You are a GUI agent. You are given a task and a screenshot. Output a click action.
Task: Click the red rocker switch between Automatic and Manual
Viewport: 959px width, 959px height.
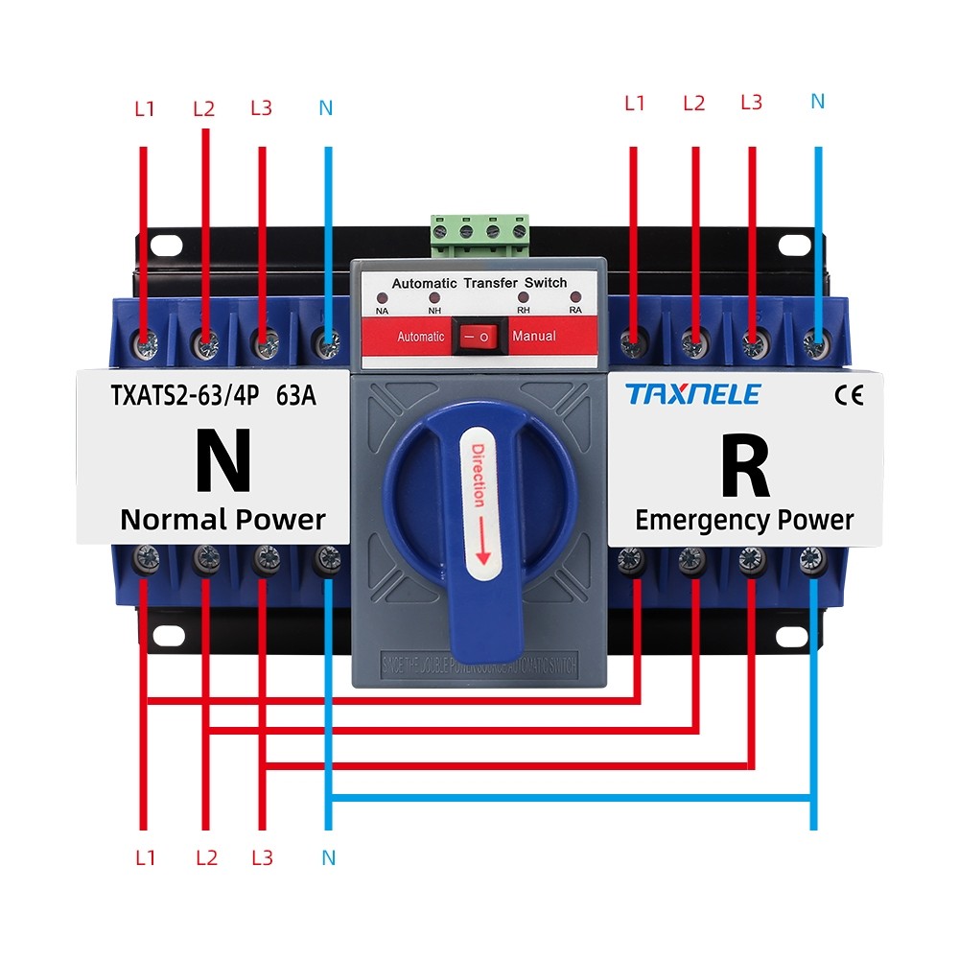coord(477,337)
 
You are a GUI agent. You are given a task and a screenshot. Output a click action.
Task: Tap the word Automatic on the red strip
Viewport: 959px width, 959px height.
coord(421,337)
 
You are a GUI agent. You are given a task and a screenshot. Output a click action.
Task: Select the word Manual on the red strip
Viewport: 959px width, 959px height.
coord(533,337)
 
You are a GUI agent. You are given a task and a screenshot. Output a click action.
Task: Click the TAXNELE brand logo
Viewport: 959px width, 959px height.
coord(692,394)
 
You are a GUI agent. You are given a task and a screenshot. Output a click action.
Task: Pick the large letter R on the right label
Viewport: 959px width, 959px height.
coord(744,467)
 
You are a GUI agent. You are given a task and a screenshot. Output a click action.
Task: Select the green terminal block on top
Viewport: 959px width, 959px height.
coord(479,234)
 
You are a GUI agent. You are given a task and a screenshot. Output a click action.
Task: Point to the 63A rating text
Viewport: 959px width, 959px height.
coord(295,395)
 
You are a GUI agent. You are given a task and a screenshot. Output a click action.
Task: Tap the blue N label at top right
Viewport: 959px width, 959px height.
coord(817,101)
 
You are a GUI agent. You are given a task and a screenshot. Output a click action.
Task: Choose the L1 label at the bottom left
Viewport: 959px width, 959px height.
coord(145,857)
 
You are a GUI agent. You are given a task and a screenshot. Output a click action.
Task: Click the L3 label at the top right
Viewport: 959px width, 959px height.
coord(751,102)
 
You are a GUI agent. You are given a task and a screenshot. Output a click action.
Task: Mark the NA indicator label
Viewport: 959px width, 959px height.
coord(382,311)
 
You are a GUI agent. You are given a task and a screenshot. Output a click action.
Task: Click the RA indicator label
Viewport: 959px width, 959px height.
coord(575,311)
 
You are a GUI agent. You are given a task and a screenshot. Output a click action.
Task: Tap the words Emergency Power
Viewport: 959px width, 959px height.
coord(744,521)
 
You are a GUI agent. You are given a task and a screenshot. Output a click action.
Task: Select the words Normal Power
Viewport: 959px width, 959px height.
coord(222,521)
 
